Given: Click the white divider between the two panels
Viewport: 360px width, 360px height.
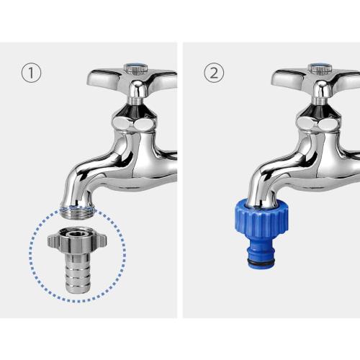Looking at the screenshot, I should point(180,180).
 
